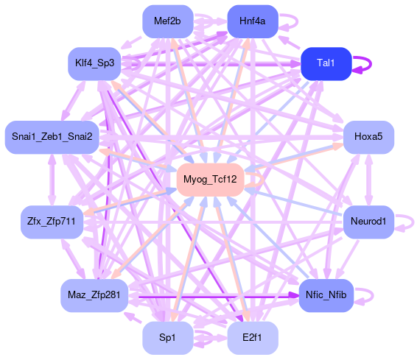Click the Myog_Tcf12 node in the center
pyautogui.click(x=211, y=180)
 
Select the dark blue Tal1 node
pyautogui.click(x=326, y=64)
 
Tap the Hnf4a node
pyautogui.click(x=253, y=21)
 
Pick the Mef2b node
pyautogui.click(x=168, y=21)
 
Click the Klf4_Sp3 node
pyautogui.click(x=95, y=64)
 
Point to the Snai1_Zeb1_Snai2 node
pyautogui.click(x=52, y=138)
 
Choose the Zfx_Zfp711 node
pyautogui.click(x=52, y=222)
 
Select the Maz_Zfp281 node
pyautogui.click(x=94, y=295)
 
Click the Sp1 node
pyautogui.click(x=168, y=338)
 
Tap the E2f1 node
pyautogui.click(x=253, y=338)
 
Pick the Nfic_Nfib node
pyautogui.click(x=326, y=295)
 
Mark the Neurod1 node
pyautogui.click(x=368, y=222)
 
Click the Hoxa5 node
pyautogui.click(x=368, y=138)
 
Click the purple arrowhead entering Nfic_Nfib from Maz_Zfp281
pyautogui.click(x=294, y=295)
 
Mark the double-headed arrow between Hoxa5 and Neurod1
pyautogui.click(x=368, y=180)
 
